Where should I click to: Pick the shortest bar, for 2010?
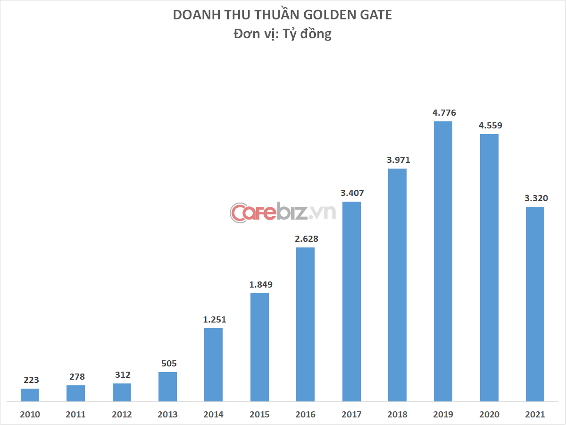click(x=30, y=395)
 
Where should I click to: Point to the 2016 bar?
click(x=305, y=324)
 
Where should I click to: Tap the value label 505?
click(x=167, y=364)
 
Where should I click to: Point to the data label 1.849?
click(x=259, y=285)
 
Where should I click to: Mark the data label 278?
click(x=75, y=377)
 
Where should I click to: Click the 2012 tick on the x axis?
click(x=121, y=415)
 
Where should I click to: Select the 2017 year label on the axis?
click(x=351, y=415)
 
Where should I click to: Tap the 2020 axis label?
click(x=489, y=415)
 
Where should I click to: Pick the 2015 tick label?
click(x=259, y=415)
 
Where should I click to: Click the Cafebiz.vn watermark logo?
click(x=283, y=212)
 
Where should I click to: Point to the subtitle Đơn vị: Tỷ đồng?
click(x=283, y=34)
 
